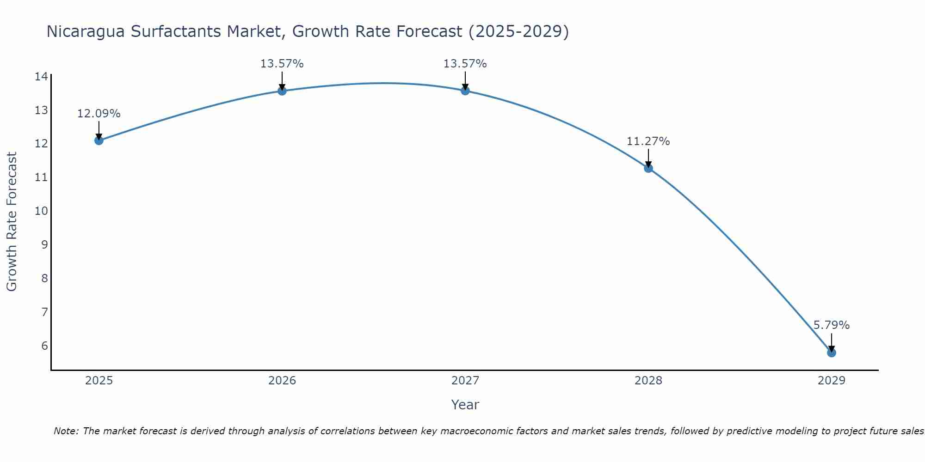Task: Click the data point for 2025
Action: pos(99,140)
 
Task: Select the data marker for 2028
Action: pos(648,168)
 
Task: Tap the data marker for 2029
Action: pos(831,353)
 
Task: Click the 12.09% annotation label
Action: pos(99,114)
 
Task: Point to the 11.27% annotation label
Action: pos(648,141)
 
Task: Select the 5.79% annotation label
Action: pos(831,325)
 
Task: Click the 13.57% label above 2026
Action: pos(282,64)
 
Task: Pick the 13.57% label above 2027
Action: pos(465,64)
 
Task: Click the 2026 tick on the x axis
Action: pos(282,381)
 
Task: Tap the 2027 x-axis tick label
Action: pos(465,381)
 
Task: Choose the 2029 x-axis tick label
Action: pos(831,381)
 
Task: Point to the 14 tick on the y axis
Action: pos(41,77)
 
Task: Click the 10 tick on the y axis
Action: pos(41,211)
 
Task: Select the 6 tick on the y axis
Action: pos(44,346)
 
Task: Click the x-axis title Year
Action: pos(465,405)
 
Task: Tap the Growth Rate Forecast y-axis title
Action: pos(12,222)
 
